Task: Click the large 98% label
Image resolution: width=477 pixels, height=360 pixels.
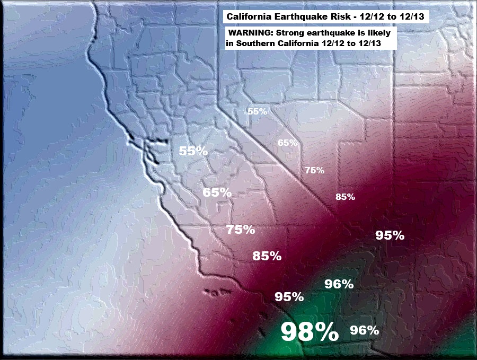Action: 309,332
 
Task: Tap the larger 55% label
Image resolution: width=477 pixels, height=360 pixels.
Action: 193,151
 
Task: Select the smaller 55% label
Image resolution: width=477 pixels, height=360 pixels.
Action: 258,111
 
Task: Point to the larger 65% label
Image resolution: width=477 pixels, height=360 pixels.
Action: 217,192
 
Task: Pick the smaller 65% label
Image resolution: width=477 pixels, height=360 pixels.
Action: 287,143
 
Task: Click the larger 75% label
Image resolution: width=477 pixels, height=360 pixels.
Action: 240,230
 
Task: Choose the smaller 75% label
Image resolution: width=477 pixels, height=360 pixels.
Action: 314,170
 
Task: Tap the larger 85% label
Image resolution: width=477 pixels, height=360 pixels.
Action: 267,256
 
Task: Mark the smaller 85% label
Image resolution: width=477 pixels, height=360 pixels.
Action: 345,197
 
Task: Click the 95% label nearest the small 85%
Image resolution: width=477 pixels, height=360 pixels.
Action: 390,235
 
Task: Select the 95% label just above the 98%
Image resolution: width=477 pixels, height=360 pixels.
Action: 289,297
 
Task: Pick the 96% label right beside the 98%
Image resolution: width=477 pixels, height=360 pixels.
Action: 365,330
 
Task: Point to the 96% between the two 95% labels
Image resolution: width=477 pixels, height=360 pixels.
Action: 339,284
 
